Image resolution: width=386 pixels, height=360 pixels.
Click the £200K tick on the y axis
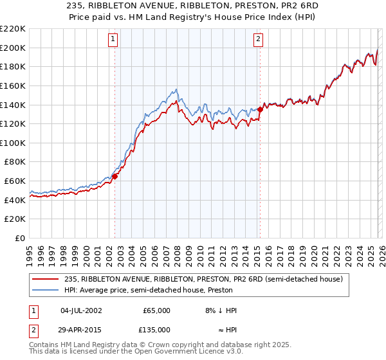(x=14, y=48)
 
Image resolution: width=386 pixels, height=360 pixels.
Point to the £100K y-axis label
(x=14, y=143)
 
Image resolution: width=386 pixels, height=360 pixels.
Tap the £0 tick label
(x=19, y=239)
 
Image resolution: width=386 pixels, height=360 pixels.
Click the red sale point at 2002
(x=115, y=176)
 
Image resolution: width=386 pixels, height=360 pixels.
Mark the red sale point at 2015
(x=260, y=109)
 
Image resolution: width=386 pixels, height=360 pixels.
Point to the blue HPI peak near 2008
(x=176, y=89)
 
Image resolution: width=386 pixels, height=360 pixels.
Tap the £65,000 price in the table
(x=157, y=310)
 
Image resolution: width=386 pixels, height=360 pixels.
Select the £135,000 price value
(x=157, y=329)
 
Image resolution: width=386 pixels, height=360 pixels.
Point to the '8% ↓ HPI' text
(x=221, y=310)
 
